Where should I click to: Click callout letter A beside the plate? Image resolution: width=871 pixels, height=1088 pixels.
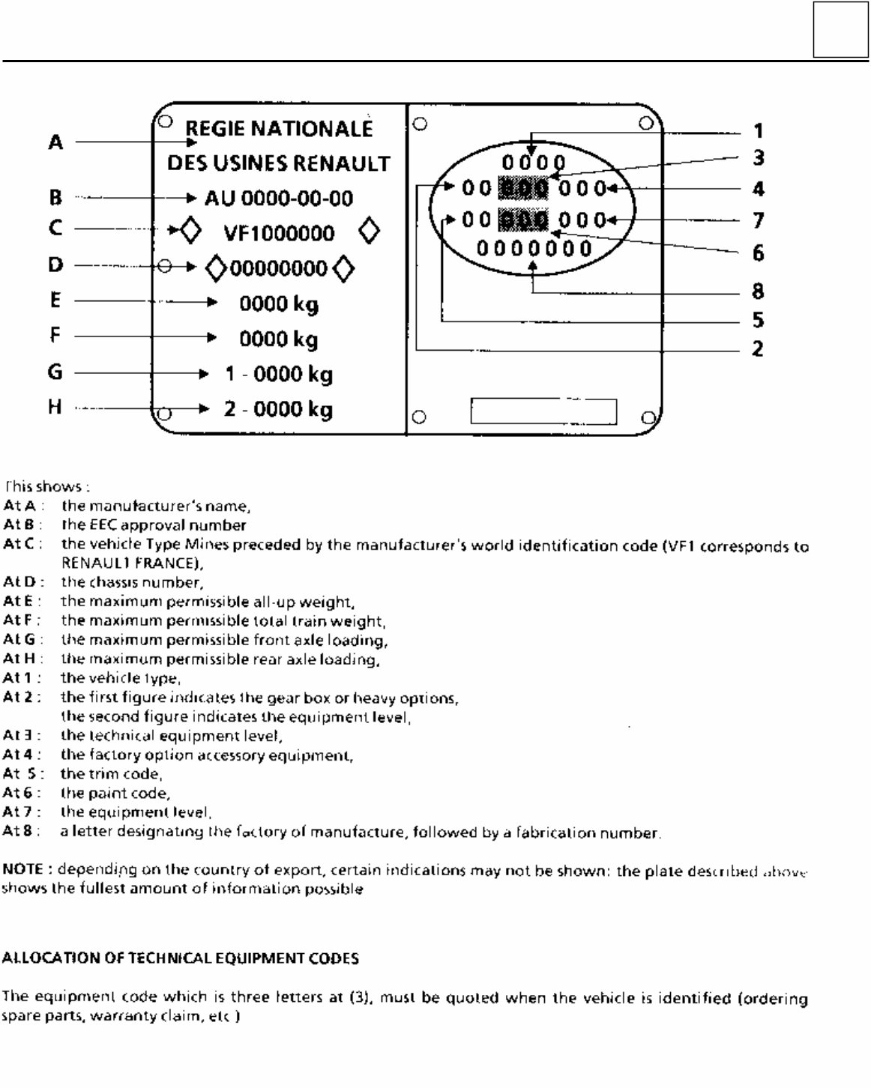(55, 142)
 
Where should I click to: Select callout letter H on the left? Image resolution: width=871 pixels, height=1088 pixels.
(55, 407)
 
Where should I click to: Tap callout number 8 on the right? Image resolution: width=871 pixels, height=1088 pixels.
(758, 291)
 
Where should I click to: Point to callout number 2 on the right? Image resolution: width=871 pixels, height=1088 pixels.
(758, 348)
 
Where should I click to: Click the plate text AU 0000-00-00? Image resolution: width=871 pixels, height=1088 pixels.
(279, 199)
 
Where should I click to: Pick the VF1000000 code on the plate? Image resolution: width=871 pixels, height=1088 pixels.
(279, 233)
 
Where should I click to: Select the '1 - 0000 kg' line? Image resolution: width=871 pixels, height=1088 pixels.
(278, 374)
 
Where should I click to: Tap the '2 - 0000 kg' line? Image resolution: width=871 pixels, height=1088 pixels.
(278, 409)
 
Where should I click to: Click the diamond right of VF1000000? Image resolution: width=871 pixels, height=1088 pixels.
(369, 232)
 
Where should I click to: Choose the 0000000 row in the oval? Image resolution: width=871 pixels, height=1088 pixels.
(534, 248)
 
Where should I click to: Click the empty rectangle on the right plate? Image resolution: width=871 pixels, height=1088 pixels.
(543, 411)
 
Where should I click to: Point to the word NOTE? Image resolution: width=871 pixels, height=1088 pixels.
(22, 869)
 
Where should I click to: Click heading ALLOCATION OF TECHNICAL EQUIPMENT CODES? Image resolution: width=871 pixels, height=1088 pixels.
(180, 958)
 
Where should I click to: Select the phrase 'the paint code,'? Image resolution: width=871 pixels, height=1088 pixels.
(115, 793)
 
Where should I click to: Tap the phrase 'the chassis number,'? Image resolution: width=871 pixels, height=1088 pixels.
(132, 582)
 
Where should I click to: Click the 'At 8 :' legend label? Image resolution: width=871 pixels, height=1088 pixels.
(22, 831)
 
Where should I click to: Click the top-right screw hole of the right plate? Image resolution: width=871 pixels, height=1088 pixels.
(646, 124)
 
